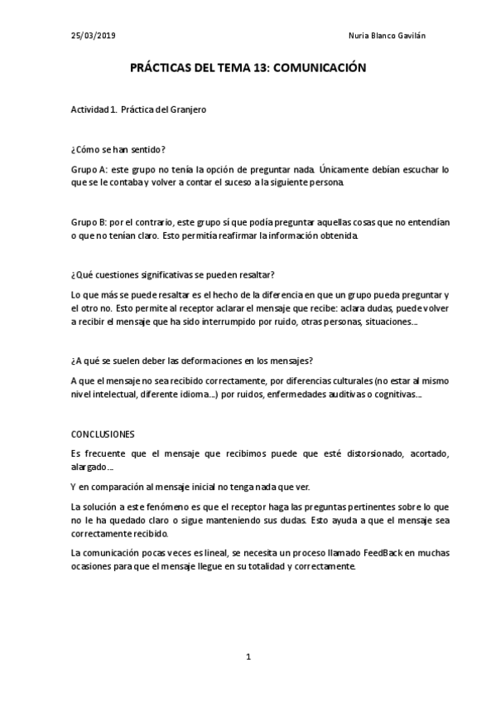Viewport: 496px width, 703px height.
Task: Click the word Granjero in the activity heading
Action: coord(187,110)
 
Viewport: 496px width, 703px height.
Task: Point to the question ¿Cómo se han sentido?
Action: coord(118,149)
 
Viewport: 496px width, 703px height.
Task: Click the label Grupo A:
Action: coord(90,168)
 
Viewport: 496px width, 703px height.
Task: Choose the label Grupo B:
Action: coord(90,222)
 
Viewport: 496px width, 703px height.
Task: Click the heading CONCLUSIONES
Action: coord(103,434)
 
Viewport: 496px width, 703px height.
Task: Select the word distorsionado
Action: coord(336,453)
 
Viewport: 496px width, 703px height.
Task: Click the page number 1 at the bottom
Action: coord(248,657)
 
